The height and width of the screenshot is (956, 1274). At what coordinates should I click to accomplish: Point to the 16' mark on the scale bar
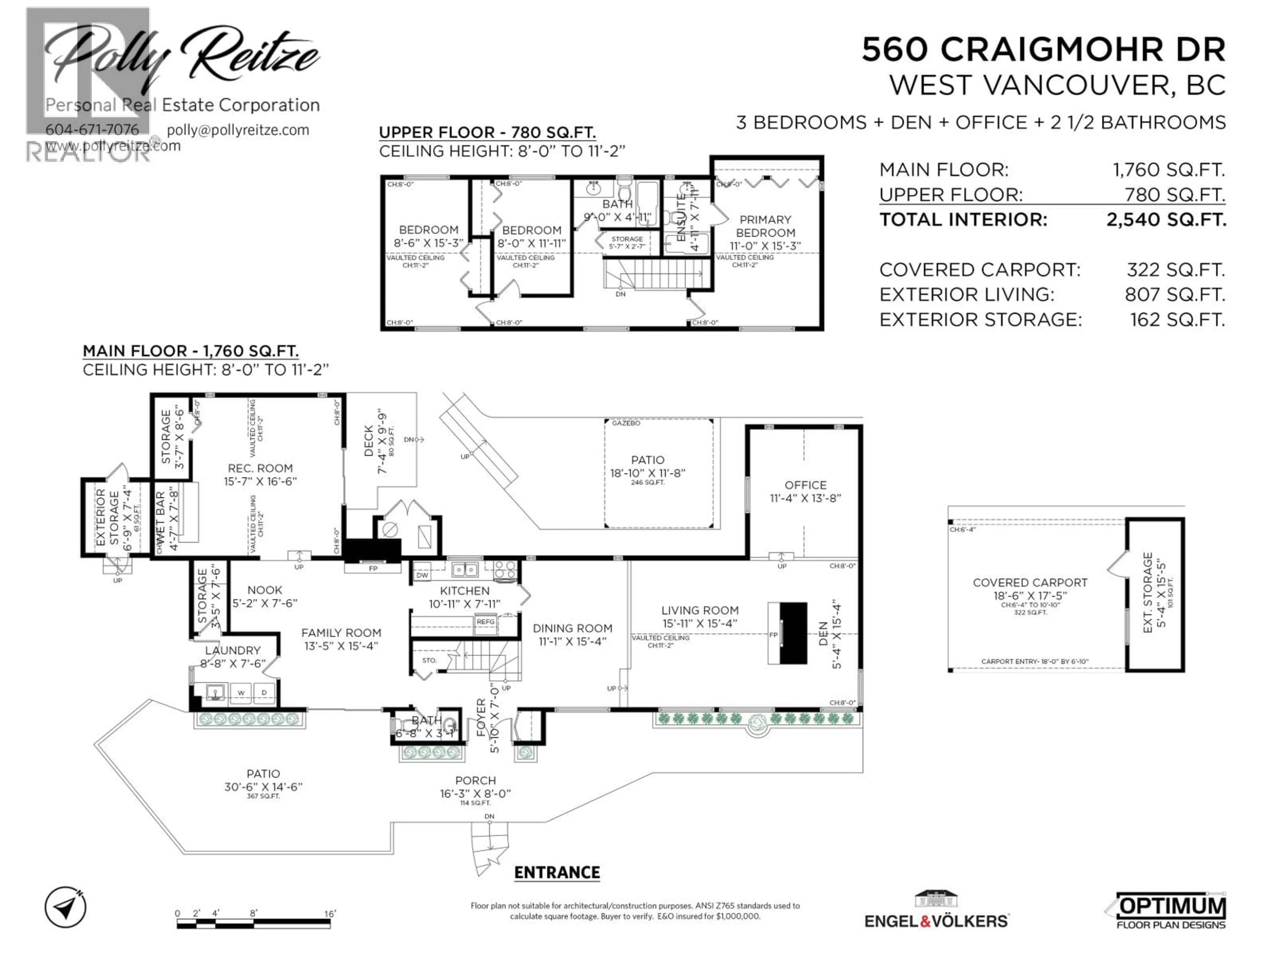(x=329, y=914)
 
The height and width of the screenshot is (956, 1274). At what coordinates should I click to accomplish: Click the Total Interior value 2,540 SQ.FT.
(x=1166, y=219)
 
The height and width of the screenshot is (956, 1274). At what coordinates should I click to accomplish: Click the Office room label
(x=805, y=485)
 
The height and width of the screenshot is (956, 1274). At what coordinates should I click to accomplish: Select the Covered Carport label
(x=1030, y=583)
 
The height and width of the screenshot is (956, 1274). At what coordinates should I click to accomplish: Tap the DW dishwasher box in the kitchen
(x=422, y=575)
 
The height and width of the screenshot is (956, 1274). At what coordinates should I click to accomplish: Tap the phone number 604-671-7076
(x=92, y=130)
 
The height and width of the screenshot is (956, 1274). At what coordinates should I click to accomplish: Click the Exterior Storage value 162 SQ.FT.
(x=1177, y=320)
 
